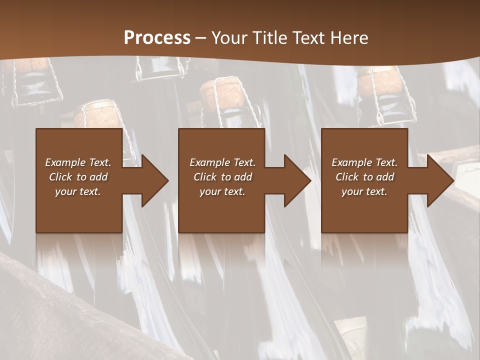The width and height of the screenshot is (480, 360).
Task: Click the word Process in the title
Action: tap(157, 38)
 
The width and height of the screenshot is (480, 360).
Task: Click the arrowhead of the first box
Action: tap(155, 180)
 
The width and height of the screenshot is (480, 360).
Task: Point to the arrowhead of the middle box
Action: tap(297, 180)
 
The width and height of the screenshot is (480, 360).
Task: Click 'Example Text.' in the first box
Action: tap(78, 162)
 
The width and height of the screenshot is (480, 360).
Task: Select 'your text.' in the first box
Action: tap(78, 191)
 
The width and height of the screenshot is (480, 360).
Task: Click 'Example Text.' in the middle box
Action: tap(222, 162)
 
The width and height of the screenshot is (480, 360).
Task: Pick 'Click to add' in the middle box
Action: tap(222, 177)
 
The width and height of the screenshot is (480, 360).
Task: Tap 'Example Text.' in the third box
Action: tap(364, 162)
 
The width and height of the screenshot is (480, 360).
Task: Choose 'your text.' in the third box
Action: tap(364, 191)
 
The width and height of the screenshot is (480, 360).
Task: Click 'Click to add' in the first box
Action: tap(78, 177)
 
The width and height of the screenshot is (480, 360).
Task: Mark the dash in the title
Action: tap(200, 38)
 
